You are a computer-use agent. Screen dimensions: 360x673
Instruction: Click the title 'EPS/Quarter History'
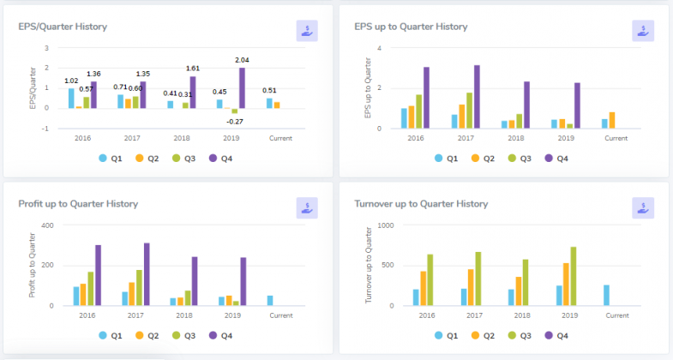pos(63,27)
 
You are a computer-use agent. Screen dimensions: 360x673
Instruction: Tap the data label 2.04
pos(242,60)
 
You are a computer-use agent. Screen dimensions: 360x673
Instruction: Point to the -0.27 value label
pos(234,121)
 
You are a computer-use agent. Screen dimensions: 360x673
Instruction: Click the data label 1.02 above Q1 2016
pos(71,81)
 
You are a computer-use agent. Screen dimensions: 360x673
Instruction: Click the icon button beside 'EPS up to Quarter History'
pos(643,31)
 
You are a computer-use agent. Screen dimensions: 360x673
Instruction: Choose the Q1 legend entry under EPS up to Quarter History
pos(444,158)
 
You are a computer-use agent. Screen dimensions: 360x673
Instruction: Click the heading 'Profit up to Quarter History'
pos(78,204)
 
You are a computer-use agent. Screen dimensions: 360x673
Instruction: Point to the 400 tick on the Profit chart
pos(48,225)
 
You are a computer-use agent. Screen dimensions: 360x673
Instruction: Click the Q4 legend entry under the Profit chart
pos(220,335)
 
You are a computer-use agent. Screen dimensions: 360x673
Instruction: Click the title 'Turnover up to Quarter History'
pos(421,204)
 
